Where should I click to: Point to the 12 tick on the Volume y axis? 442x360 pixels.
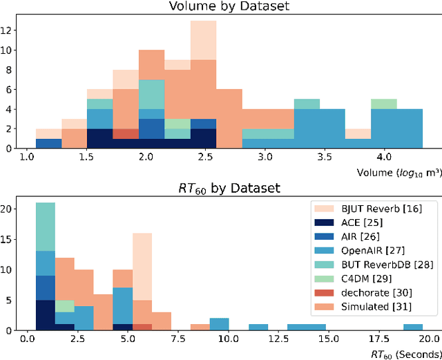pos(10,30)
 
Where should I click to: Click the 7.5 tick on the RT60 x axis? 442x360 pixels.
pos(177,341)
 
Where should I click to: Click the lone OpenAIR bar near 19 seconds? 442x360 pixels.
pos(413,328)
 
